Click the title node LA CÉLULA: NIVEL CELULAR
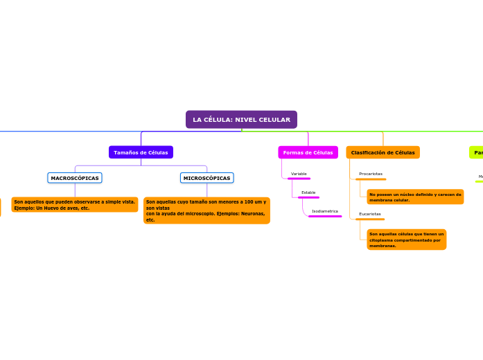tap(241, 120)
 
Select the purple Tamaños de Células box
tap(141, 152)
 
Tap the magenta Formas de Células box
tap(308, 152)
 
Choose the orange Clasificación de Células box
tap(383, 152)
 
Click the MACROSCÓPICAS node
tap(75, 178)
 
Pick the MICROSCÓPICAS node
tap(207, 178)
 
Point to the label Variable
tap(299, 174)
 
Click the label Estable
tap(308, 192)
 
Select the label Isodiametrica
tap(325, 211)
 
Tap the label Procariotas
tap(371, 174)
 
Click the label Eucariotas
tap(370, 214)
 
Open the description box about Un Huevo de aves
tap(75, 205)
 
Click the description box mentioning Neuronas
tap(207, 210)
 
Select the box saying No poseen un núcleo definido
tap(415, 197)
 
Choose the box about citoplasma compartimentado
tap(407, 240)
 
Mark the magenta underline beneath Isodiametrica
tap(325, 217)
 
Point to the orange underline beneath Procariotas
tap(371, 179)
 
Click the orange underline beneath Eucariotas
tap(370, 219)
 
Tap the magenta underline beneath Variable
tap(299, 179)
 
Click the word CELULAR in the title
tap(275, 120)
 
